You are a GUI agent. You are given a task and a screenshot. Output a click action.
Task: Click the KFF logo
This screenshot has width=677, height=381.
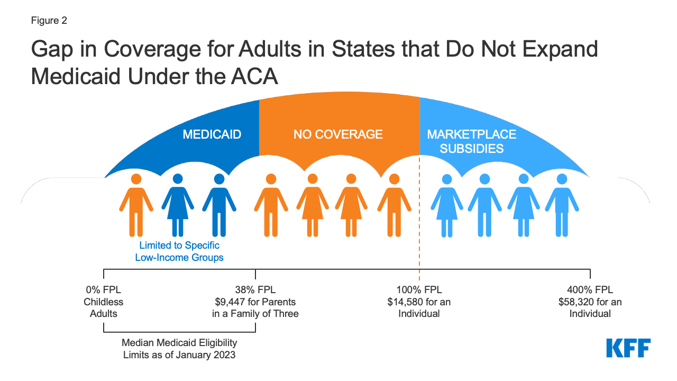pos(628,348)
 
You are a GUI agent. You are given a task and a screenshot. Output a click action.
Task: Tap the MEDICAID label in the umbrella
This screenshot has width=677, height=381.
pos(212,134)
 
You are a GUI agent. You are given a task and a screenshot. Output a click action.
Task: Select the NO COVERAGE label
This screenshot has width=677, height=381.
pos(338,134)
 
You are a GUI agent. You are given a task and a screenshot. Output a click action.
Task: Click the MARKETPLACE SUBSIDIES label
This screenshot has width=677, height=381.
pos(471,141)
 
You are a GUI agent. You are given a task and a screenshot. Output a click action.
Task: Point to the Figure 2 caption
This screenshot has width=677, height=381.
pos(49,21)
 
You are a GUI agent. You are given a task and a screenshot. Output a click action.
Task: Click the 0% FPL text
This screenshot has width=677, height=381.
pos(103,290)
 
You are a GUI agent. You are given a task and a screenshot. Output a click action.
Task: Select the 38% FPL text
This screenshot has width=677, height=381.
pos(255,290)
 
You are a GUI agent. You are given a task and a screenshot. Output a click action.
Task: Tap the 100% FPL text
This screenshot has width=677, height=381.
pos(419,290)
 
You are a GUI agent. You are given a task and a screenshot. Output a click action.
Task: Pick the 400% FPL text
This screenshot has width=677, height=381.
pos(590,290)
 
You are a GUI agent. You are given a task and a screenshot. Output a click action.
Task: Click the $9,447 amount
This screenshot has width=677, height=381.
pos(228,302)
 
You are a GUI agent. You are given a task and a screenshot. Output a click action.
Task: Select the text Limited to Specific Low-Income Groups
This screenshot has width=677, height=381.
pos(179,252)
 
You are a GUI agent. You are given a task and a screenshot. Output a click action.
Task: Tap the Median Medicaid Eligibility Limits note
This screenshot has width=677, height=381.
pos(179,349)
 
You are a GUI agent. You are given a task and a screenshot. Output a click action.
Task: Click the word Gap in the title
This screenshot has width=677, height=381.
pos(53,50)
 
